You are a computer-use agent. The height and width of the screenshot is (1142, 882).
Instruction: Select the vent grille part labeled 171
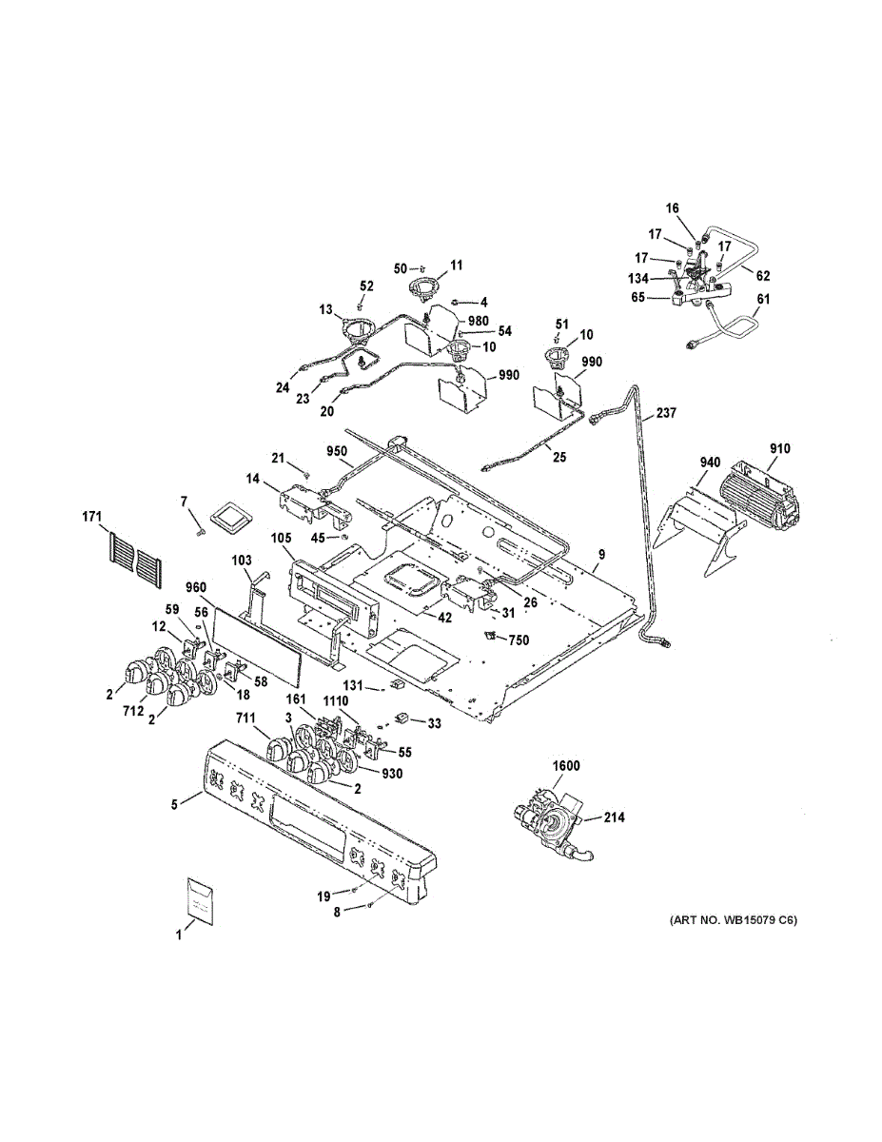pos(135,561)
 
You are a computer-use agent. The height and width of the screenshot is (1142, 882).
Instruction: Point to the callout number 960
pos(195,587)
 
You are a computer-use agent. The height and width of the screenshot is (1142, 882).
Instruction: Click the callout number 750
pos(519,640)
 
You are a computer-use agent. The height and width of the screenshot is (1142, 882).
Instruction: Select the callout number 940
pos(710,463)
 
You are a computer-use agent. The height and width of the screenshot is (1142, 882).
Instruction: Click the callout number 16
pos(673,208)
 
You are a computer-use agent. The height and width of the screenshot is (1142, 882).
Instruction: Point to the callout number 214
pos(614,817)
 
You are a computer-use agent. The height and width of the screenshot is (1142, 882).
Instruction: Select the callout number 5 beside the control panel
pos(174,805)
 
